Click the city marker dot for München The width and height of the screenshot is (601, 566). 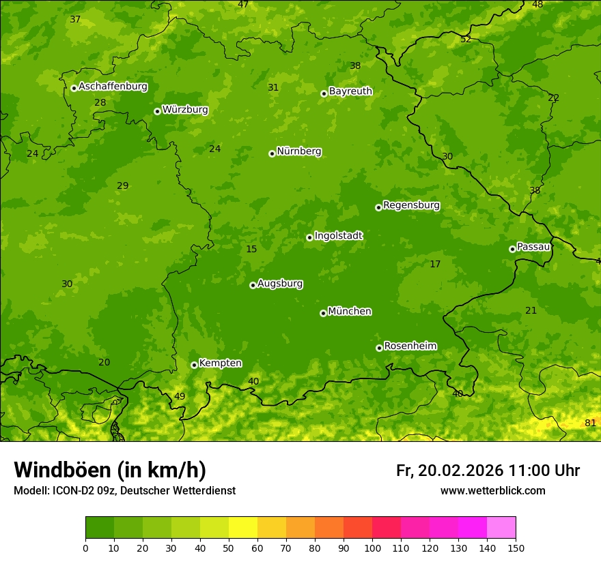[323, 313]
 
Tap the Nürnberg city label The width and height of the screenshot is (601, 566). [298, 151]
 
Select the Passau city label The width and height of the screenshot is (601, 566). [533, 247]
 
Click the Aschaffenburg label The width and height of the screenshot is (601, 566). [113, 87]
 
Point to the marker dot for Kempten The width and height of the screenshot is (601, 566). [194, 365]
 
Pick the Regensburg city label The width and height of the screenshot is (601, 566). [411, 205]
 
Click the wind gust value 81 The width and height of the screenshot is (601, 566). [590, 423]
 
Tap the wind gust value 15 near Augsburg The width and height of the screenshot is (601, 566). [251, 249]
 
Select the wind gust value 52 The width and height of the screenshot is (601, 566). [466, 39]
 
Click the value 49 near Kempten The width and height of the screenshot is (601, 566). [180, 396]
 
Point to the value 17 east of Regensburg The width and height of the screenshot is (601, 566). [435, 264]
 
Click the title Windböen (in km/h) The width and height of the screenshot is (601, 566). [110, 470]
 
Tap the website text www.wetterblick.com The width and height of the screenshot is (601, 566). [492, 490]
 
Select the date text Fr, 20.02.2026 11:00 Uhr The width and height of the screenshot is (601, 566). [488, 471]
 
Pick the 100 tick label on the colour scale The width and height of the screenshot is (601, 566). [372, 548]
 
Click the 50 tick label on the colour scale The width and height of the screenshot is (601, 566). [229, 548]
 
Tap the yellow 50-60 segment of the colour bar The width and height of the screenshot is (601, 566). [243, 528]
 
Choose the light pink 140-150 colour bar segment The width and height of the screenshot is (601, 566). [501, 528]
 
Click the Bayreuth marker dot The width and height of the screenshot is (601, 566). [324, 93]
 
